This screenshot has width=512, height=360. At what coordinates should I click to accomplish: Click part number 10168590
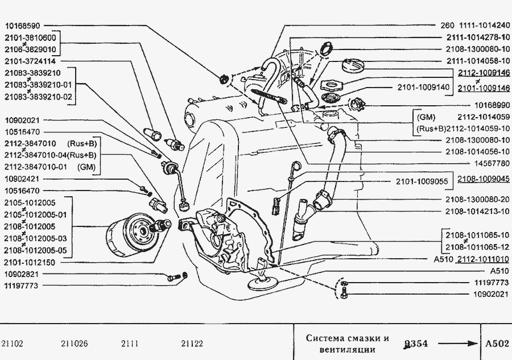tap(23, 26)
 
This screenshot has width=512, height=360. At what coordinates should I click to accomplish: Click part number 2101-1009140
tap(423, 88)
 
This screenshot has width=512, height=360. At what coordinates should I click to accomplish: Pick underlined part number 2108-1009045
tap(484, 178)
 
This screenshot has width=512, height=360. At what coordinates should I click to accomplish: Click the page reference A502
tap(497, 344)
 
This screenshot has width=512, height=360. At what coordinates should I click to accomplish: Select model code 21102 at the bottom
tap(13, 344)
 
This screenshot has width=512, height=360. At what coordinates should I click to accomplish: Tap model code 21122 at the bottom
tap(192, 344)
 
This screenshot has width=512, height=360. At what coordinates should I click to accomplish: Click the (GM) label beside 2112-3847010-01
tap(86, 167)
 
